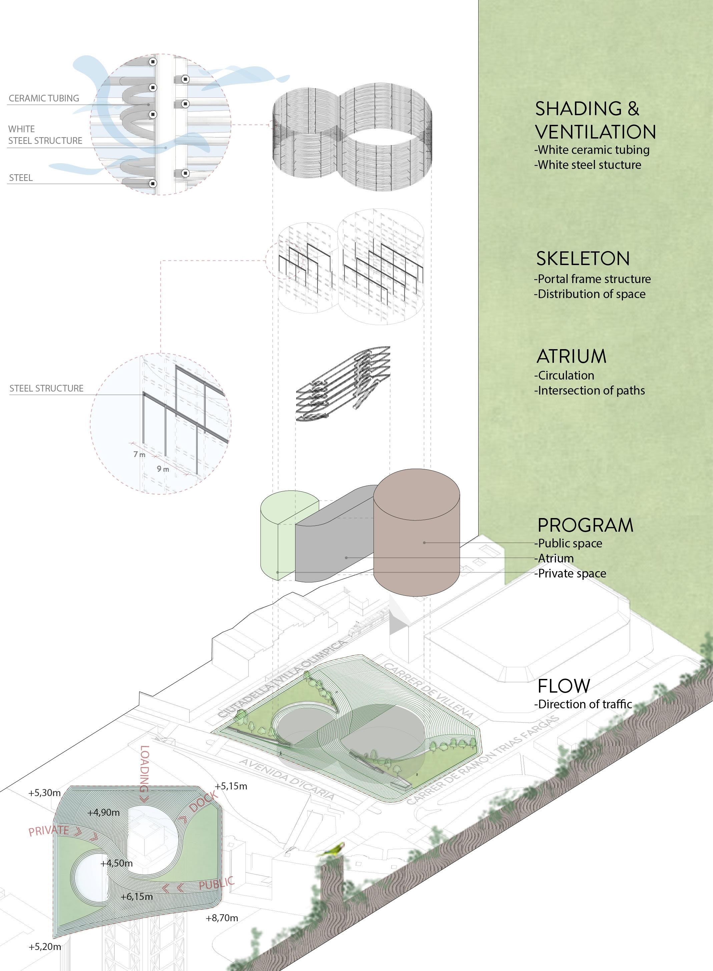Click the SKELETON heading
(x=583, y=258)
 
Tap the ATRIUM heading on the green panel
(x=572, y=356)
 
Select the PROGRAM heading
(x=585, y=525)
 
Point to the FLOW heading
(x=564, y=686)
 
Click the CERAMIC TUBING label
(x=44, y=98)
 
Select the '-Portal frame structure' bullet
(x=592, y=279)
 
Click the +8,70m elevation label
(x=222, y=918)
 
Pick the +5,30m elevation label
(x=44, y=793)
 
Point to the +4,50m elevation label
(x=116, y=864)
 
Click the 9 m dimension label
(x=163, y=469)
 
